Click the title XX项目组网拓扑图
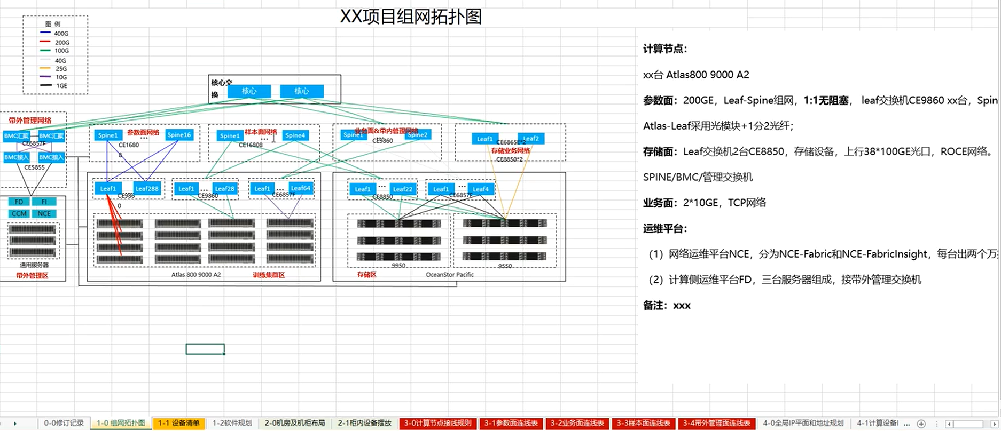(411, 17)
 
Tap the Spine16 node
(178, 135)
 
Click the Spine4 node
(295, 135)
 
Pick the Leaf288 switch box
(146, 188)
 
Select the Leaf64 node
(300, 188)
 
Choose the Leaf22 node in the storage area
(402, 189)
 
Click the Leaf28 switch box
(224, 188)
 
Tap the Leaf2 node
(530, 139)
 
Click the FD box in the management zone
(19, 202)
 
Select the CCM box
(19, 213)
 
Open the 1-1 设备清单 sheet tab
(178, 423)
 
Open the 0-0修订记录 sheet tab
(64, 423)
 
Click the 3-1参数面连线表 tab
(511, 423)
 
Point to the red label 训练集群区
(269, 275)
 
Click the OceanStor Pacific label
(449, 274)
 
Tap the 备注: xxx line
(667, 305)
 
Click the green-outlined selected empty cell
(205, 349)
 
